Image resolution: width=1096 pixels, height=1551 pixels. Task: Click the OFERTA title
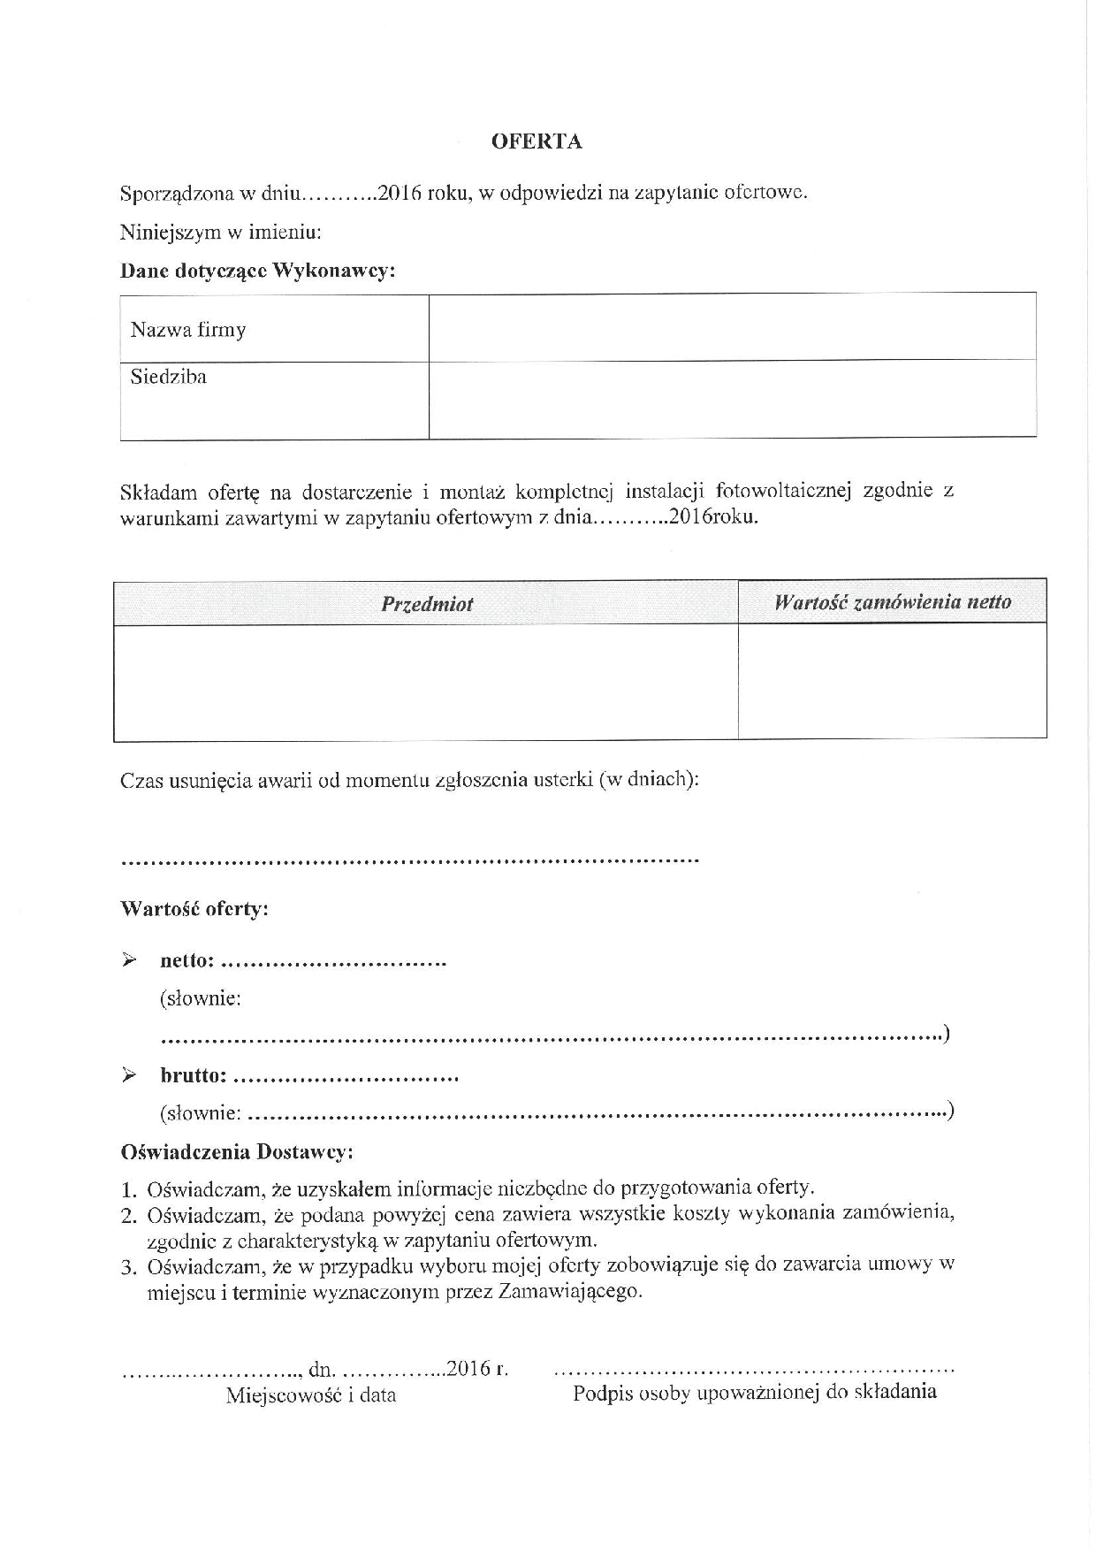537,141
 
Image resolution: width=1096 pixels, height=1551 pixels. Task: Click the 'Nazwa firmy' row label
188,331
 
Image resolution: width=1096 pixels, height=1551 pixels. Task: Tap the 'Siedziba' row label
169,378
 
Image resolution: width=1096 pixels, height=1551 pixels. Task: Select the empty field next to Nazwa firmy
732,326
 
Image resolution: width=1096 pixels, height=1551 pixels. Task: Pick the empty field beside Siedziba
732,400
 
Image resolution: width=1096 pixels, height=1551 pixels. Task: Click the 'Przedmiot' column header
427,604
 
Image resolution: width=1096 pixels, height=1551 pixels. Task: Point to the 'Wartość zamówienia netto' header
893,602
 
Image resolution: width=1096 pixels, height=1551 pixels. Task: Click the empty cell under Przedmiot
426,682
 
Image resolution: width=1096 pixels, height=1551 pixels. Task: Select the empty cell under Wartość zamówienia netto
893,681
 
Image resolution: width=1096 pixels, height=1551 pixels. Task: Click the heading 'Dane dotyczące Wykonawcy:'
257,271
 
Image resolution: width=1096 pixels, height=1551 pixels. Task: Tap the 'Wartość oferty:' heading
194,909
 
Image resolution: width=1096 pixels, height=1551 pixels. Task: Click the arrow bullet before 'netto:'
129,960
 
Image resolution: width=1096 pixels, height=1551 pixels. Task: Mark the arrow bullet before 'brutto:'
129,1075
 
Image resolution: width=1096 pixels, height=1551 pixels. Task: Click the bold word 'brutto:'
194,1076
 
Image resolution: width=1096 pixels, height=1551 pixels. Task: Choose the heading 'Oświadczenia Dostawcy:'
237,1153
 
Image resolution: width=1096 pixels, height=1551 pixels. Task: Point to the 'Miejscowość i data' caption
311,1395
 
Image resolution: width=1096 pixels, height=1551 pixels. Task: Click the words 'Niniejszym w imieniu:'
221,233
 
